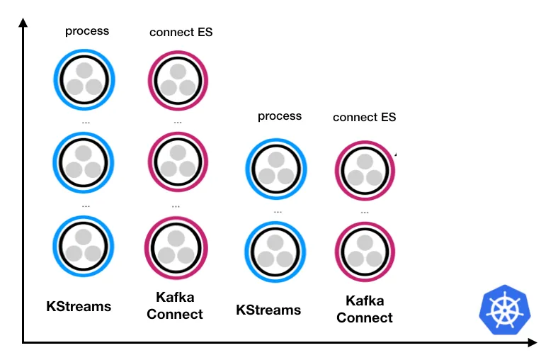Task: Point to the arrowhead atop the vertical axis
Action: click(23, 23)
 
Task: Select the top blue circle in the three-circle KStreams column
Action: click(84, 79)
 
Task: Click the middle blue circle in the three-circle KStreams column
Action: click(84, 162)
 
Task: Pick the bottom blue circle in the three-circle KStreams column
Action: click(84, 245)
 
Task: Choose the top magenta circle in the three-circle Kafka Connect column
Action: click(177, 80)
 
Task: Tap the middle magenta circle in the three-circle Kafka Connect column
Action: click(177, 162)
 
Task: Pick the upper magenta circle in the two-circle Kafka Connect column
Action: click(365, 170)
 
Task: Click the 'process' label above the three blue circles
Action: click(87, 30)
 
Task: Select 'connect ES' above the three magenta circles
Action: click(181, 32)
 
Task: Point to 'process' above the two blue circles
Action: click(280, 116)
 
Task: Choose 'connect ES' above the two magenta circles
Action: click(364, 117)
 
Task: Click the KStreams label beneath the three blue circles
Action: click(79, 307)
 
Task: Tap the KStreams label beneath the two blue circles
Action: click(268, 310)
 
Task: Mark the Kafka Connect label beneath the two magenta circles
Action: click(365, 310)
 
